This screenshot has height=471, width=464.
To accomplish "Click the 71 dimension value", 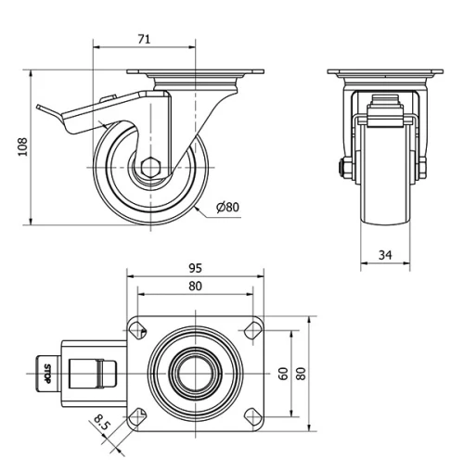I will point(144,39).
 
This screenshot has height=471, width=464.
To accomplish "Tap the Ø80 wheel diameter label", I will point(228,207).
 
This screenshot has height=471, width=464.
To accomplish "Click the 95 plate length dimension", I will point(195,268).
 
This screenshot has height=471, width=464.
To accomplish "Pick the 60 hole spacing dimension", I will point(282,373).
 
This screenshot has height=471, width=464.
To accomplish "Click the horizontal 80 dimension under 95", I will point(195,286).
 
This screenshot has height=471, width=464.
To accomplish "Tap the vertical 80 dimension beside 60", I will point(301,373).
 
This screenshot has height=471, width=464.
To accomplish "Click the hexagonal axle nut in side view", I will point(151,170).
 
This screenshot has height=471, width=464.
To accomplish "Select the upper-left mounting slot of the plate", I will point(137,328).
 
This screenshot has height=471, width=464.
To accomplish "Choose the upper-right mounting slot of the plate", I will point(251,328).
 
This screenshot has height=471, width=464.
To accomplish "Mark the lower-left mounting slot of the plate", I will point(137,414).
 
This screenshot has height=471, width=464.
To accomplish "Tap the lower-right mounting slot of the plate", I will point(251,414).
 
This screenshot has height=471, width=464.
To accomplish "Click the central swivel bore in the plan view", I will point(194,372).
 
